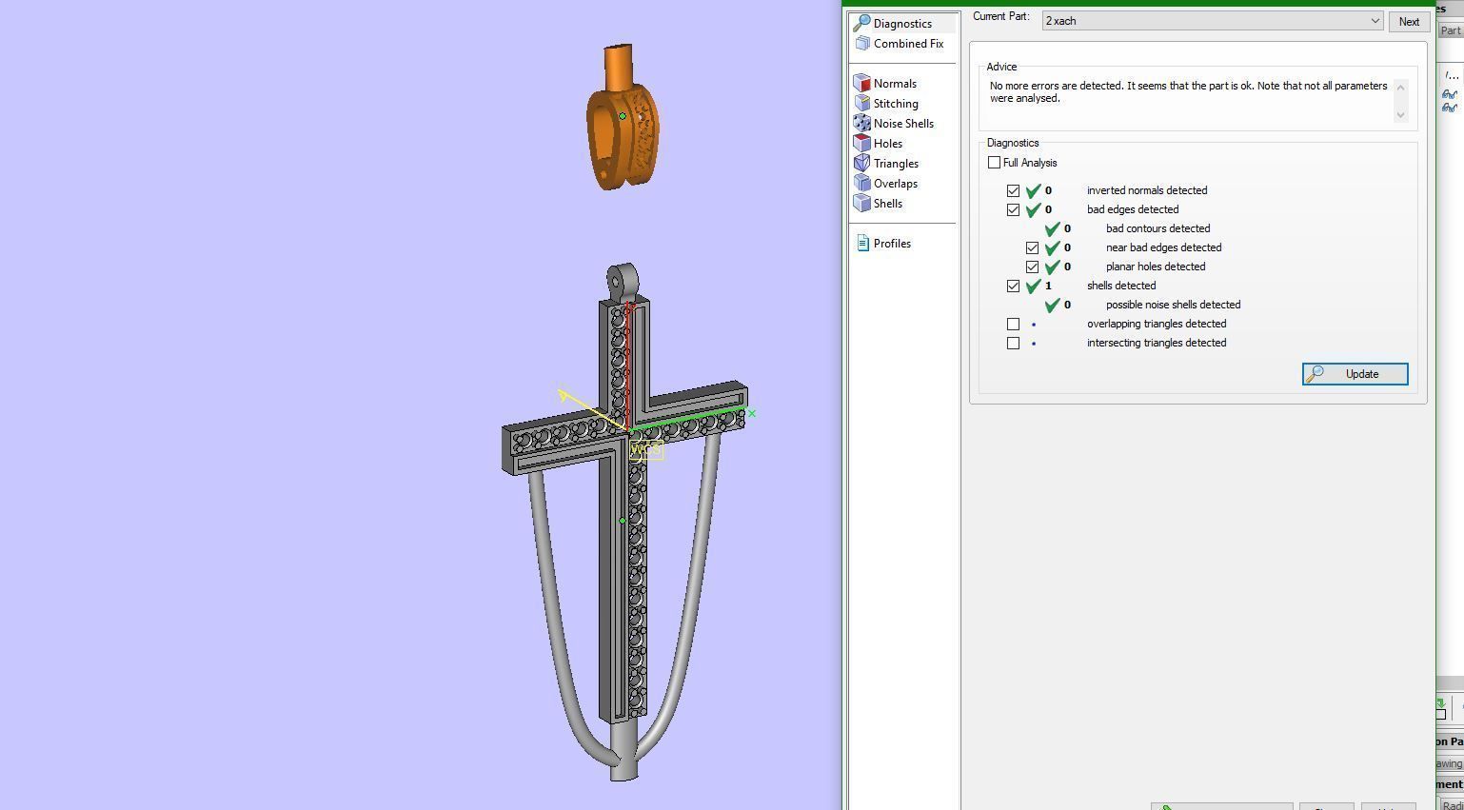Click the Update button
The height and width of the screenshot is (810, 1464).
1355,374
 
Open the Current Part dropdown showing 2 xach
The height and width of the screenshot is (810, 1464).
1212,21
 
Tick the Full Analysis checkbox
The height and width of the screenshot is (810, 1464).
995,163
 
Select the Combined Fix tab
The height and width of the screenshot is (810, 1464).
907,44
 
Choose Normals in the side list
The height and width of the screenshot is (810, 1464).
894,84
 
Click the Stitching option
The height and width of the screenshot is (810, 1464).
895,104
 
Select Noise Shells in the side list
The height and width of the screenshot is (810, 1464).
902,124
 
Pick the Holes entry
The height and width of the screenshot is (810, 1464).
887,144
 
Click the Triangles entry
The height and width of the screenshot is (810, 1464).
895,164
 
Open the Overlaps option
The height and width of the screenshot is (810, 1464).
895,184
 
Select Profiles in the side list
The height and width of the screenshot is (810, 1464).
891,244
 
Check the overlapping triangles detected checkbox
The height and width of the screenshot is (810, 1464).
1014,324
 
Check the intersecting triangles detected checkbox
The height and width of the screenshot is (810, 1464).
1014,343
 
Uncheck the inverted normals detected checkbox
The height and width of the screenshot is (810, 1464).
1014,190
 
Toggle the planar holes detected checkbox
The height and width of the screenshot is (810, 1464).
1033,267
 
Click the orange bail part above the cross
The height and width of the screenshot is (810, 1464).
622,133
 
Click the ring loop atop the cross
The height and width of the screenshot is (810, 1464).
621,281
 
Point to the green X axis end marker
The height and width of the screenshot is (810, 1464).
752,413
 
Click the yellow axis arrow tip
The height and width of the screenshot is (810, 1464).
563,393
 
